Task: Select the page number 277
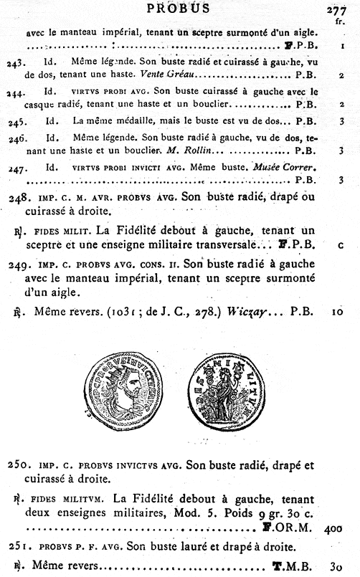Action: (x=336, y=9)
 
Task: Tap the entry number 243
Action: (x=16, y=63)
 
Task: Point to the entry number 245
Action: (x=16, y=120)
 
